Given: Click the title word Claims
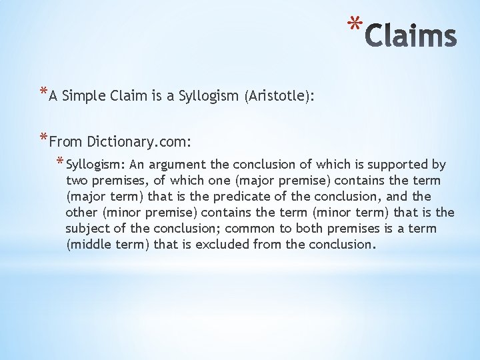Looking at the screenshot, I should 411,36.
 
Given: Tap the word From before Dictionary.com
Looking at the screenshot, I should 64,141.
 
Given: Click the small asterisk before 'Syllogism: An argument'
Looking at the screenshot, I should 60,162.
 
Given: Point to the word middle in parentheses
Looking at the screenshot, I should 89,245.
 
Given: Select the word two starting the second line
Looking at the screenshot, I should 77,181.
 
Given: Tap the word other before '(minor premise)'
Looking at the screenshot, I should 82,213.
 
